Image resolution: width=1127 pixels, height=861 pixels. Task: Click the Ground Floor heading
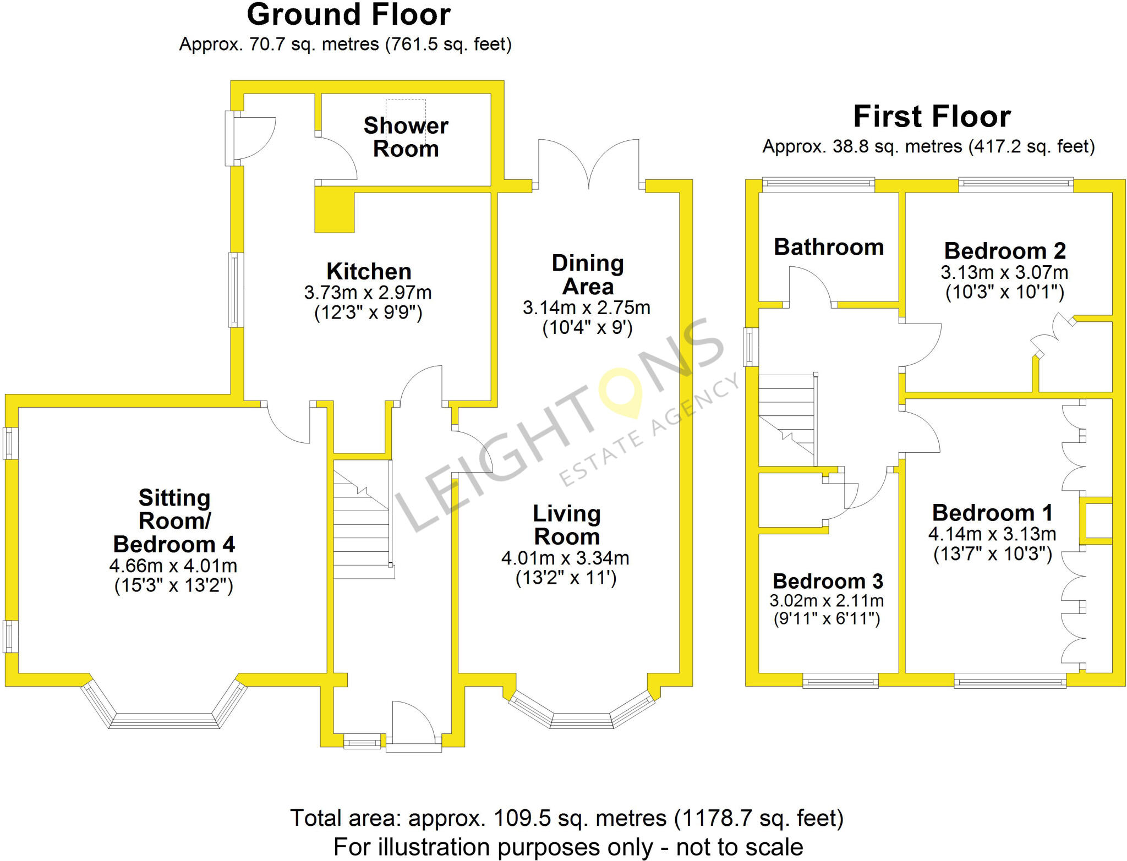(348, 15)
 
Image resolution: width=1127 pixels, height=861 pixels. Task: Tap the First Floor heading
(932, 117)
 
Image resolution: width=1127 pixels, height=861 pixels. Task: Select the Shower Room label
(406, 137)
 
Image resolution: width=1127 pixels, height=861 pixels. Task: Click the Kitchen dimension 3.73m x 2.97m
(368, 292)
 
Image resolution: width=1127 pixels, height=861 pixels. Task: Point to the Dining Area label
(588, 275)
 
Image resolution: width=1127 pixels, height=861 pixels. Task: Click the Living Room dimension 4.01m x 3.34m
(565, 558)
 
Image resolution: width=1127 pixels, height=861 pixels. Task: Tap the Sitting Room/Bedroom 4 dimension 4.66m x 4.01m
(173, 566)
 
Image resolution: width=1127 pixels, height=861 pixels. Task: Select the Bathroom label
(829, 247)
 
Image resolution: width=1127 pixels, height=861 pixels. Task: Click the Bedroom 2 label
(1005, 251)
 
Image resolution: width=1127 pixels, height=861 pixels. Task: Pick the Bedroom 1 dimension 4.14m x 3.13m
(992, 534)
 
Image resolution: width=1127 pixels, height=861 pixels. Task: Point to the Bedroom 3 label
(828, 581)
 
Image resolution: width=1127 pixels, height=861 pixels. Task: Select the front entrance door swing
(414, 721)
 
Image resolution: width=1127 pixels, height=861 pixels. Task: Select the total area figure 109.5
(522, 818)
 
